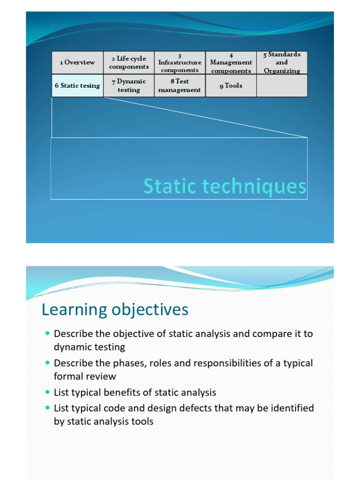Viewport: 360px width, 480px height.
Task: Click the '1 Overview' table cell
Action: click(77, 62)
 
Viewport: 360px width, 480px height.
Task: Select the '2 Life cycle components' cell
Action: click(129, 62)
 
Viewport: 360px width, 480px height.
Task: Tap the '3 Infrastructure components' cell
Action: click(180, 62)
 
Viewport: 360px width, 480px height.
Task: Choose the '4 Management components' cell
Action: click(231, 62)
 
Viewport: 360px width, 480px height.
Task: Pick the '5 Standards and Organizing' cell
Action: click(282, 62)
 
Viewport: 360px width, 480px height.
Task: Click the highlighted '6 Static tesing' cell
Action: click(77, 86)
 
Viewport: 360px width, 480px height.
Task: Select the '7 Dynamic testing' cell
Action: click(129, 86)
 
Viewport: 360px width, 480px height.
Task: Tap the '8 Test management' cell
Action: click(180, 86)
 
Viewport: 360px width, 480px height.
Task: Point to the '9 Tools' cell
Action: click(231, 86)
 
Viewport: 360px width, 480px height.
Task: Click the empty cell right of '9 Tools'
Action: click(282, 86)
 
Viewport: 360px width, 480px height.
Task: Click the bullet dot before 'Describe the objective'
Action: click(47, 334)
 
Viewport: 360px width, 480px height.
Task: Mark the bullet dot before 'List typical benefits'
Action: click(47, 392)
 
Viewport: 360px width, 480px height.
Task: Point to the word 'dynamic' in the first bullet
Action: click(70, 347)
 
